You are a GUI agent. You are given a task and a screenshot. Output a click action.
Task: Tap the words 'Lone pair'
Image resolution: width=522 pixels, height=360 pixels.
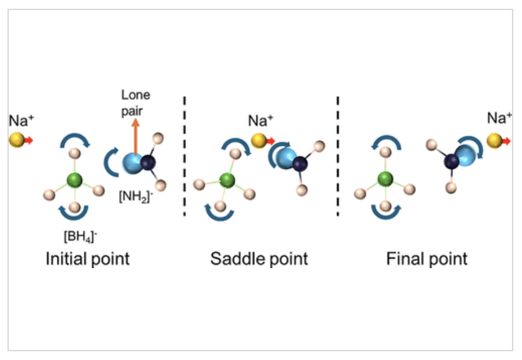click(x=135, y=102)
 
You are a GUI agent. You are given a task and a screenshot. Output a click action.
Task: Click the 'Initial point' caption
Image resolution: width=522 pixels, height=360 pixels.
click(x=87, y=259)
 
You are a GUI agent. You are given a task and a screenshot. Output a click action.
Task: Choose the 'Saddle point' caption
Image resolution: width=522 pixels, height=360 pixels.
click(x=259, y=259)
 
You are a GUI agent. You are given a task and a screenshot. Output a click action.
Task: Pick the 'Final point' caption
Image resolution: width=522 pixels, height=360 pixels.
click(x=427, y=259)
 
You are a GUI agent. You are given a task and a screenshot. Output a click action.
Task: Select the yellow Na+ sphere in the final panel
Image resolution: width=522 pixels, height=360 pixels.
click(x=495, y=141)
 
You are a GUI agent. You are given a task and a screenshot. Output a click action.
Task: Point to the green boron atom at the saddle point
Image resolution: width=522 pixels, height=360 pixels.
click(x=227, y=181)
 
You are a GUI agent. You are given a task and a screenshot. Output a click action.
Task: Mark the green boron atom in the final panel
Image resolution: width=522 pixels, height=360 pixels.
click(x=386, y=181)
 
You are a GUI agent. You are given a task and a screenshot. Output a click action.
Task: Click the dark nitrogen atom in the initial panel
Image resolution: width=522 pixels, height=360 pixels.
click(x=149, y=164)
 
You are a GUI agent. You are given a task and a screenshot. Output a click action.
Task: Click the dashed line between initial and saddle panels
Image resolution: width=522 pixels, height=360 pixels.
click(x=184, y=156)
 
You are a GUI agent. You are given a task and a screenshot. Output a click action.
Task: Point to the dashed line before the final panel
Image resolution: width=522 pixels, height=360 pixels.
click(x=338, y=156)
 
